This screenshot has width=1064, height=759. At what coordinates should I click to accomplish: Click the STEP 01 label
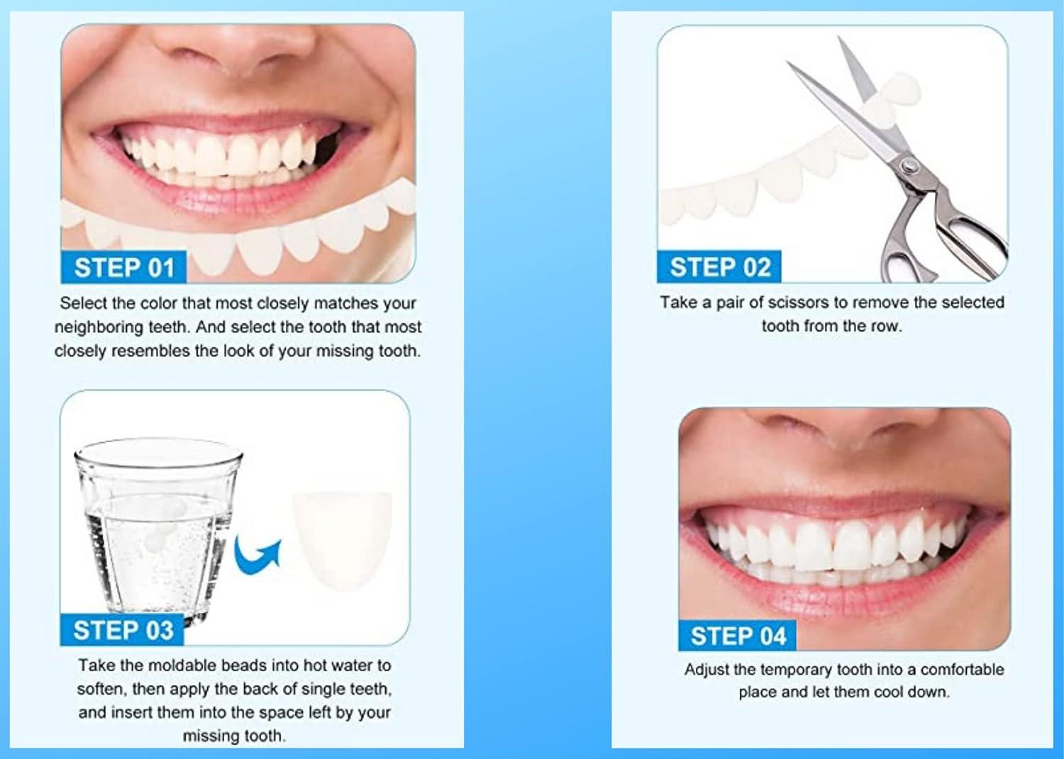point(124,268)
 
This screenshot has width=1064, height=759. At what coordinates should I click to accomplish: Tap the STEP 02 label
point(719,267)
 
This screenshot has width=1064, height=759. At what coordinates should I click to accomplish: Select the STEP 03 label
point(123,630)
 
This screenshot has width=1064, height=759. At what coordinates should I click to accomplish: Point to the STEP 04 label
point(738,636)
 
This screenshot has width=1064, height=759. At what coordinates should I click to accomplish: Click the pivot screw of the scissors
point(907,167)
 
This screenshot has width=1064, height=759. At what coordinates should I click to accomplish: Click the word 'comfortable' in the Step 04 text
point(962,670)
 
